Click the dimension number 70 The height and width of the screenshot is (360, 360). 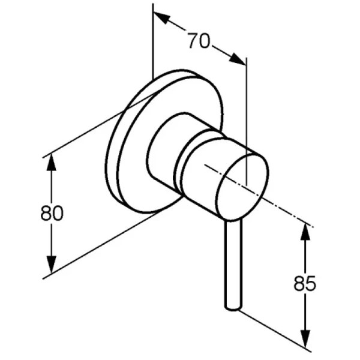pos(199,41)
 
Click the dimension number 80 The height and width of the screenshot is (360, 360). pos(52,213)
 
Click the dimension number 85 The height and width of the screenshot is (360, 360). pos(305,283)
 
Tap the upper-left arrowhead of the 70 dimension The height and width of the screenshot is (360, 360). pos(162,18)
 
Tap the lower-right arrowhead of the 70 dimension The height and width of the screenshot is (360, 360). pos(237,59)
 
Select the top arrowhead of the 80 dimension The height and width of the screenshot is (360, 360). pos(51,163)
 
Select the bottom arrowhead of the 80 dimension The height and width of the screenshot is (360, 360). pos(51,265)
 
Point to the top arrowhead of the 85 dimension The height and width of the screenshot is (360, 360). pos(305,231)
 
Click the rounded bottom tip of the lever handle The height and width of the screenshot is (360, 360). pos(233,308)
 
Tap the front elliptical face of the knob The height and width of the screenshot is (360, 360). pos(242,188)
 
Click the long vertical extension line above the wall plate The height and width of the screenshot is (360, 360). pos(152,42)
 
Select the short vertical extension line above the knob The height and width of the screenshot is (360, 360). pos(247,121)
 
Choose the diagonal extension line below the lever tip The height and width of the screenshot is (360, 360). pos(274,331)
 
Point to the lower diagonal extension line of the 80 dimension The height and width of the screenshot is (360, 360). pos(102,245)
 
